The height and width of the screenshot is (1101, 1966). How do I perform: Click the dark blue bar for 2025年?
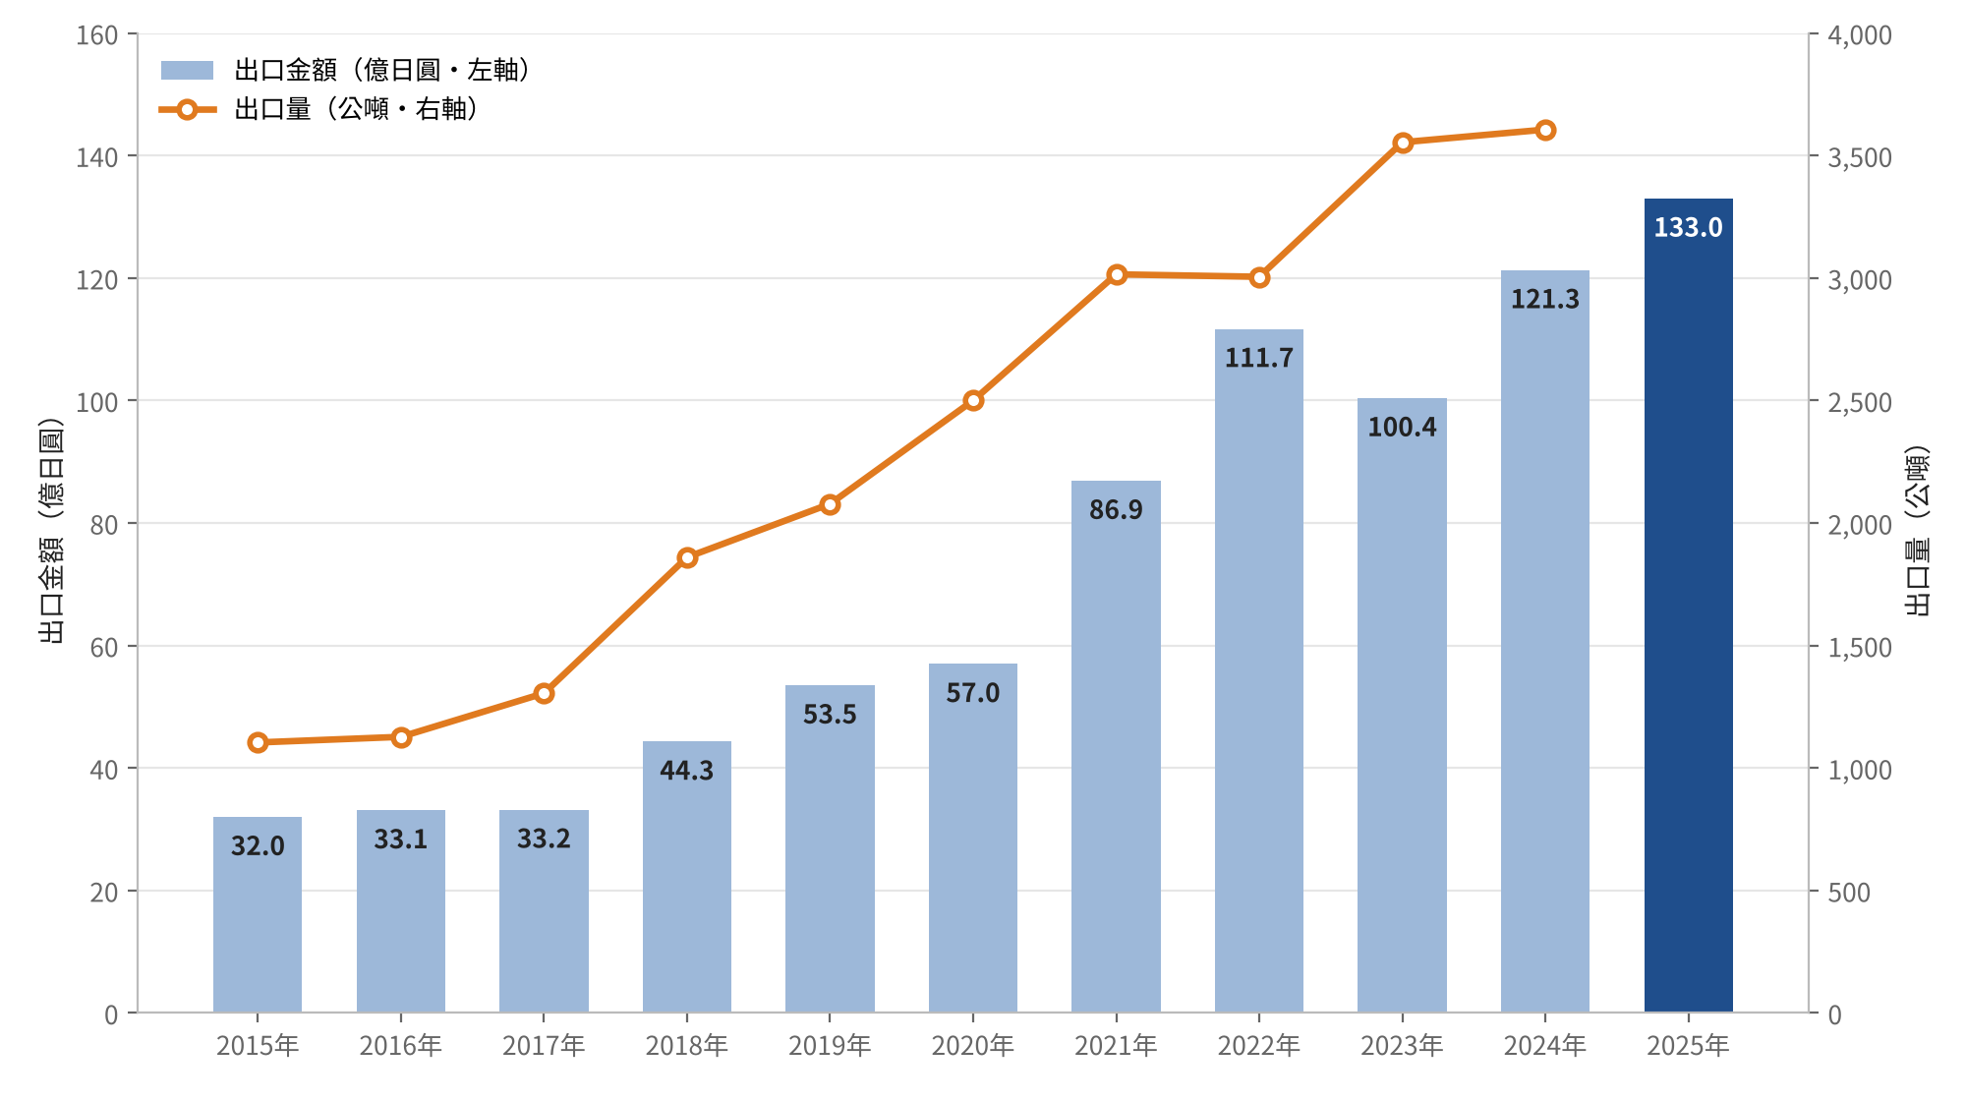(1688, 606)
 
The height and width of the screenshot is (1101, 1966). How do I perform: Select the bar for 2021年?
(1116, 746)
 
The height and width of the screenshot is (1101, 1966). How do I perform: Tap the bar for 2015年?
(258, 914)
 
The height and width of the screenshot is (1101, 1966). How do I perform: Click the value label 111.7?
(1258, 358)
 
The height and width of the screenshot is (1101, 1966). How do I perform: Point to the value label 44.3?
(686, 771)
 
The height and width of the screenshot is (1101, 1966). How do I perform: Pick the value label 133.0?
(1688, 228)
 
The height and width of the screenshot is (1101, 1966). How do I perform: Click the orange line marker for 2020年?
(973, 400)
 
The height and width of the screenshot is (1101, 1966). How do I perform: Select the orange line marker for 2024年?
(1545, 130)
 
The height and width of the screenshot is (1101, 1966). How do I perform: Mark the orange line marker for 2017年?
(544, 693)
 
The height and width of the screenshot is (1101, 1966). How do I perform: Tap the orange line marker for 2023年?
(1403, 143)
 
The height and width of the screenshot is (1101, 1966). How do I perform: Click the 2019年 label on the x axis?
(830, 1046)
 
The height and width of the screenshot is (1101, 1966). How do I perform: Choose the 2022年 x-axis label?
(1258, 1046)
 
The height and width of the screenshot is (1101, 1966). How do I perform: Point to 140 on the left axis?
(96, 157)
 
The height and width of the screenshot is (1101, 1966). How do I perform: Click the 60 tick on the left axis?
(104, 647)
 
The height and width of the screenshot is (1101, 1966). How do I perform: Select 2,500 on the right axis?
(1860, 402)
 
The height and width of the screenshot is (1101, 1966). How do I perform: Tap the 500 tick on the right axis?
(1849, 892)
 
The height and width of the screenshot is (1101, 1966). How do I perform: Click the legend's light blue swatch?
(187, 70)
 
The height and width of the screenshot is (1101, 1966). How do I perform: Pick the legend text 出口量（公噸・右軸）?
(357, 109)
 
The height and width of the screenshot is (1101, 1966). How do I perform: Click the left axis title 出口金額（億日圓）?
(51, 531)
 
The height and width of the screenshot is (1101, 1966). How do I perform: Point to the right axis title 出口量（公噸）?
(1917, 531)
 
